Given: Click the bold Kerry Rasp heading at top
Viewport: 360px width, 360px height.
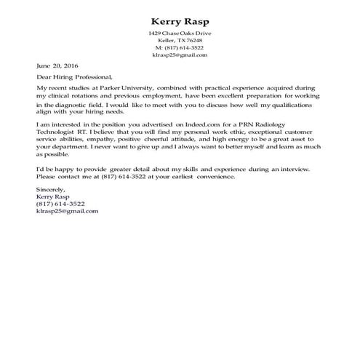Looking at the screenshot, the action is tap(179, 20).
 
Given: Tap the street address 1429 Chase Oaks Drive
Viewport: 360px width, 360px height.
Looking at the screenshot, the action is tap(179, 33).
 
